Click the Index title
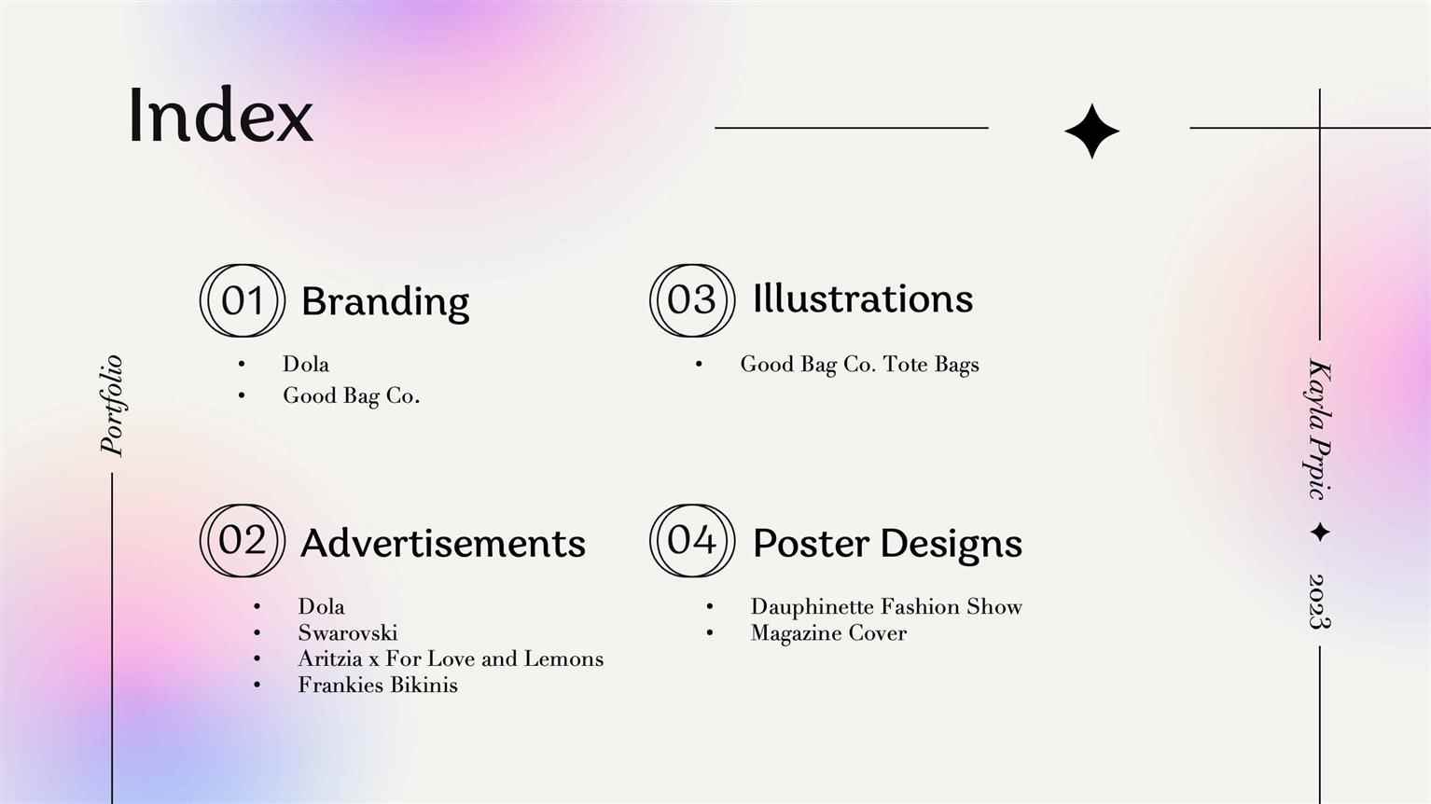click(x=220, y=115)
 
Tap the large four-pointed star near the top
click(x=1091, y=131)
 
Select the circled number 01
click(x=243, y=300)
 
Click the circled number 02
click(x=243, y=540)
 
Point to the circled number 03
click(x=692, y=300)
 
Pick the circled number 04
click(x=692, y=540)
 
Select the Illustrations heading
click(x=863, y=298)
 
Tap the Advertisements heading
click(x=443, y=544)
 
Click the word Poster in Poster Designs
click(x=811, y=544)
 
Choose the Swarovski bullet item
click(x=348, y=633)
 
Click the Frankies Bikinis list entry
click(x=378, y=686)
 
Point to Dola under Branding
click(x=306, y=364)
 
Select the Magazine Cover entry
click(x=828, y=633)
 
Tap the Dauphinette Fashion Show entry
click(x=886, y=606)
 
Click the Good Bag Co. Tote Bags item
click(x=859, y=365)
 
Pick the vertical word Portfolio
click(x=112, y=406)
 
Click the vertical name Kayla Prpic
click(x=1318, y=430)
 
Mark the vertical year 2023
click(x=1319, y=602)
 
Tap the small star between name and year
click(x=1320, y=532)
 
